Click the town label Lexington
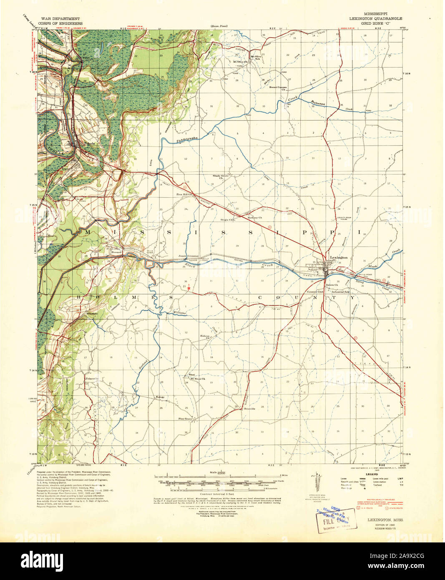click(338, 257)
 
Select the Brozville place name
click(249, 409)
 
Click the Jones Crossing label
click(188, 256)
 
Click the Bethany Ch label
click(255, 217)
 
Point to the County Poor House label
click(345, 220)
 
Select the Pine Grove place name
click(185, 419)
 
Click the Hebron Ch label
click(204, 337)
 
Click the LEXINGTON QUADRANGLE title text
click(376, 19)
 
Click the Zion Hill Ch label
click(183, 194)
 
